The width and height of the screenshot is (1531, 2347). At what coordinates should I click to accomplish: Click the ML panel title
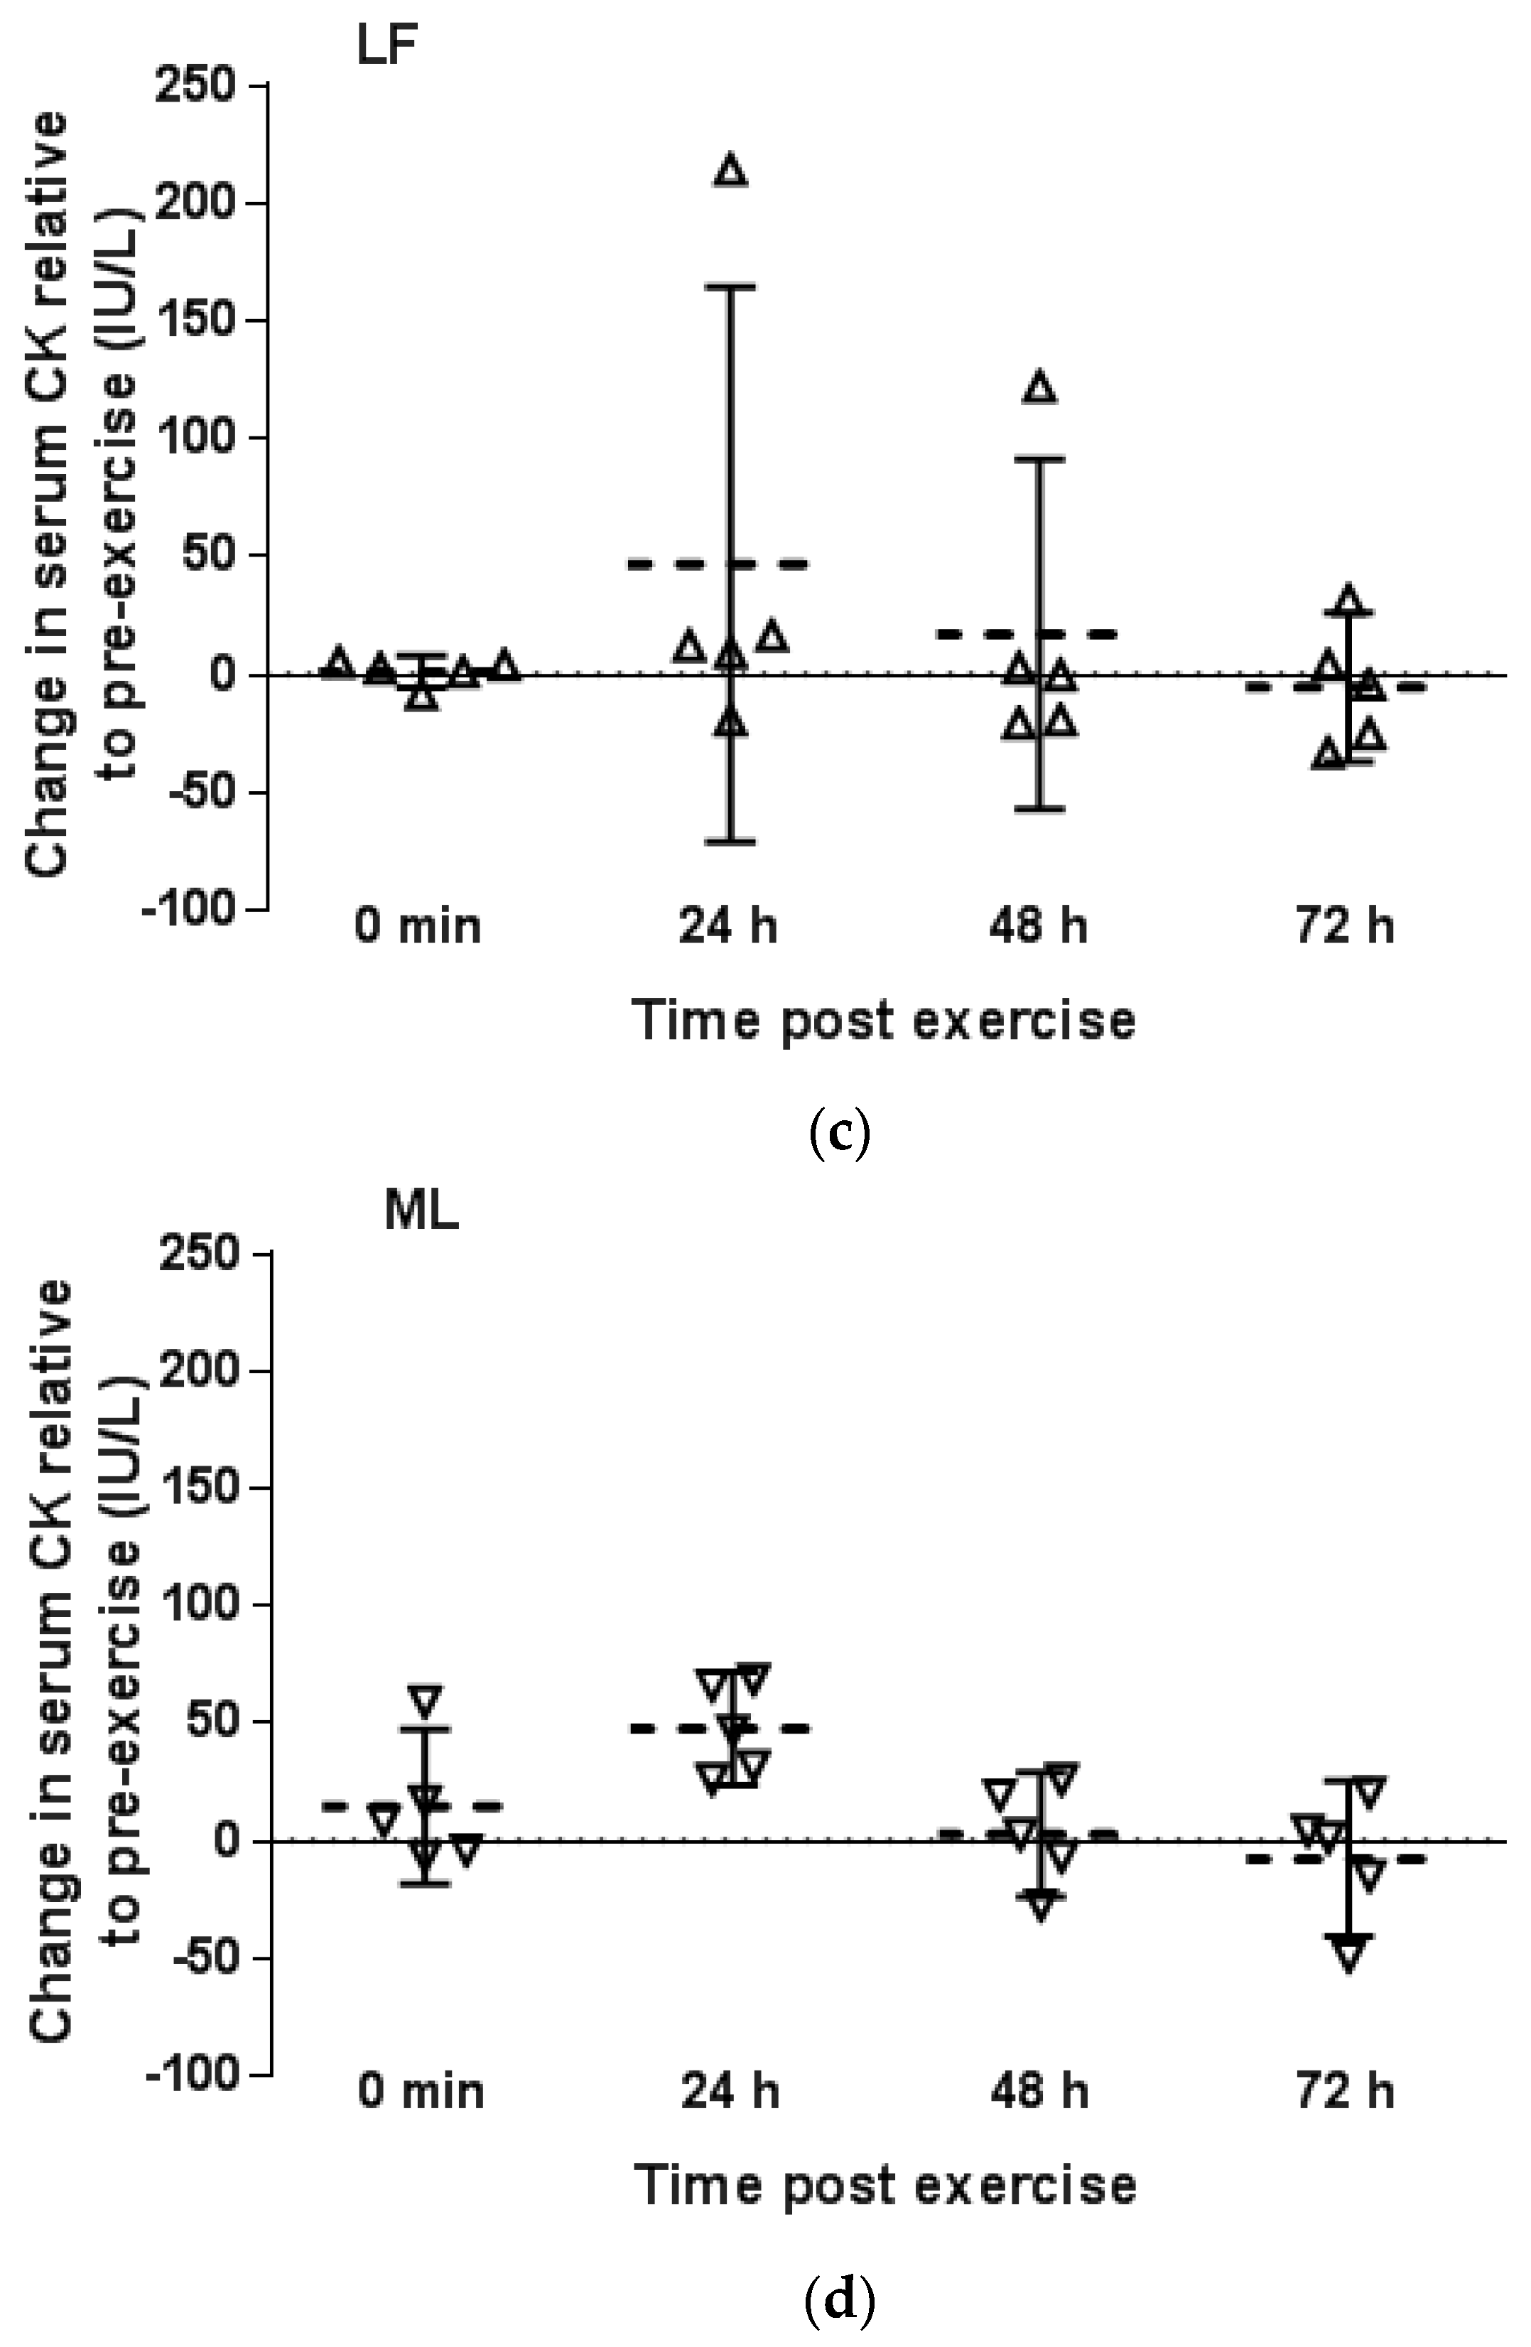click(x=421, y=1213)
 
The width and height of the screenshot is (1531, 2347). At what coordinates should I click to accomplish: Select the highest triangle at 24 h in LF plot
click(x=730, y=171)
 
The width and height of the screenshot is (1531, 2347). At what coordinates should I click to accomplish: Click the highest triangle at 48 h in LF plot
click(x=1040, y=387)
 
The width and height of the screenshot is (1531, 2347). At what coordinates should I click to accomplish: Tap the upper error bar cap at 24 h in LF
click(x=730, y=287)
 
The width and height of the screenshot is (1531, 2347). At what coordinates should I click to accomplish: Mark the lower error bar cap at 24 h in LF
click(x=730, y=841)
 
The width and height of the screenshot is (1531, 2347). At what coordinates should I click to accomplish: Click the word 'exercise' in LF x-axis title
click(x=1024, y=1021)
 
